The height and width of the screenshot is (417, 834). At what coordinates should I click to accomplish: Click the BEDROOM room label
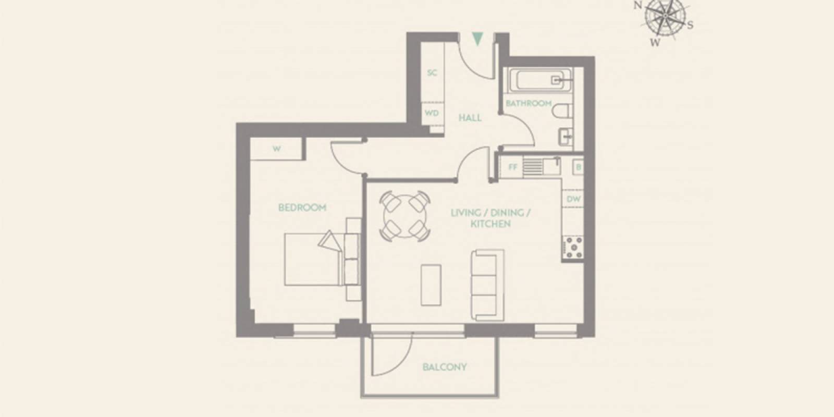point(302,207)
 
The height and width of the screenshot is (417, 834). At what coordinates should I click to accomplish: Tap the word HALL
point(470,118)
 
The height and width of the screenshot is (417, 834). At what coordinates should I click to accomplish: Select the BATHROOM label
point(529,103)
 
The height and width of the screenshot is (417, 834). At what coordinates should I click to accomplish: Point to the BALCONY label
point(445,367)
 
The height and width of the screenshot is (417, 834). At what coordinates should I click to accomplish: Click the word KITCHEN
point(490,224)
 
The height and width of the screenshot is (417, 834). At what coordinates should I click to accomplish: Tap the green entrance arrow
point(477,39)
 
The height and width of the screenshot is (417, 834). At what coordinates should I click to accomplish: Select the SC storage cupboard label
point(432,72)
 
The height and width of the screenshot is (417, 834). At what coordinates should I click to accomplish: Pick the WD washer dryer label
point(432,113)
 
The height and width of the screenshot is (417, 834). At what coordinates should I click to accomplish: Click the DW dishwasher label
point(573,199)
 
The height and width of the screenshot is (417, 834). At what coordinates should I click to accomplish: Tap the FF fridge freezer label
point(513,167)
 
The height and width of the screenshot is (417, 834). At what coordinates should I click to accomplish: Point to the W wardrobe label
point(276,149)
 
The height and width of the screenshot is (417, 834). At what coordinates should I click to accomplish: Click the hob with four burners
point(573,248)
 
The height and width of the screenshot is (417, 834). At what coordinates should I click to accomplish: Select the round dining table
point(405,216)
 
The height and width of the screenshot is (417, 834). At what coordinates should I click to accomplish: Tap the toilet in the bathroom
point(562,111)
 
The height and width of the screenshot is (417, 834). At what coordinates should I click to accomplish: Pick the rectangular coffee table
point(431,285)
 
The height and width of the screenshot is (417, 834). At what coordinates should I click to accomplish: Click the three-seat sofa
point(488,285)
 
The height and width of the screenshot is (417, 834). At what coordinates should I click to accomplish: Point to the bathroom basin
point(566,137)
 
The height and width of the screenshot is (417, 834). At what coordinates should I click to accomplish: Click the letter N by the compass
point(638,5)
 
